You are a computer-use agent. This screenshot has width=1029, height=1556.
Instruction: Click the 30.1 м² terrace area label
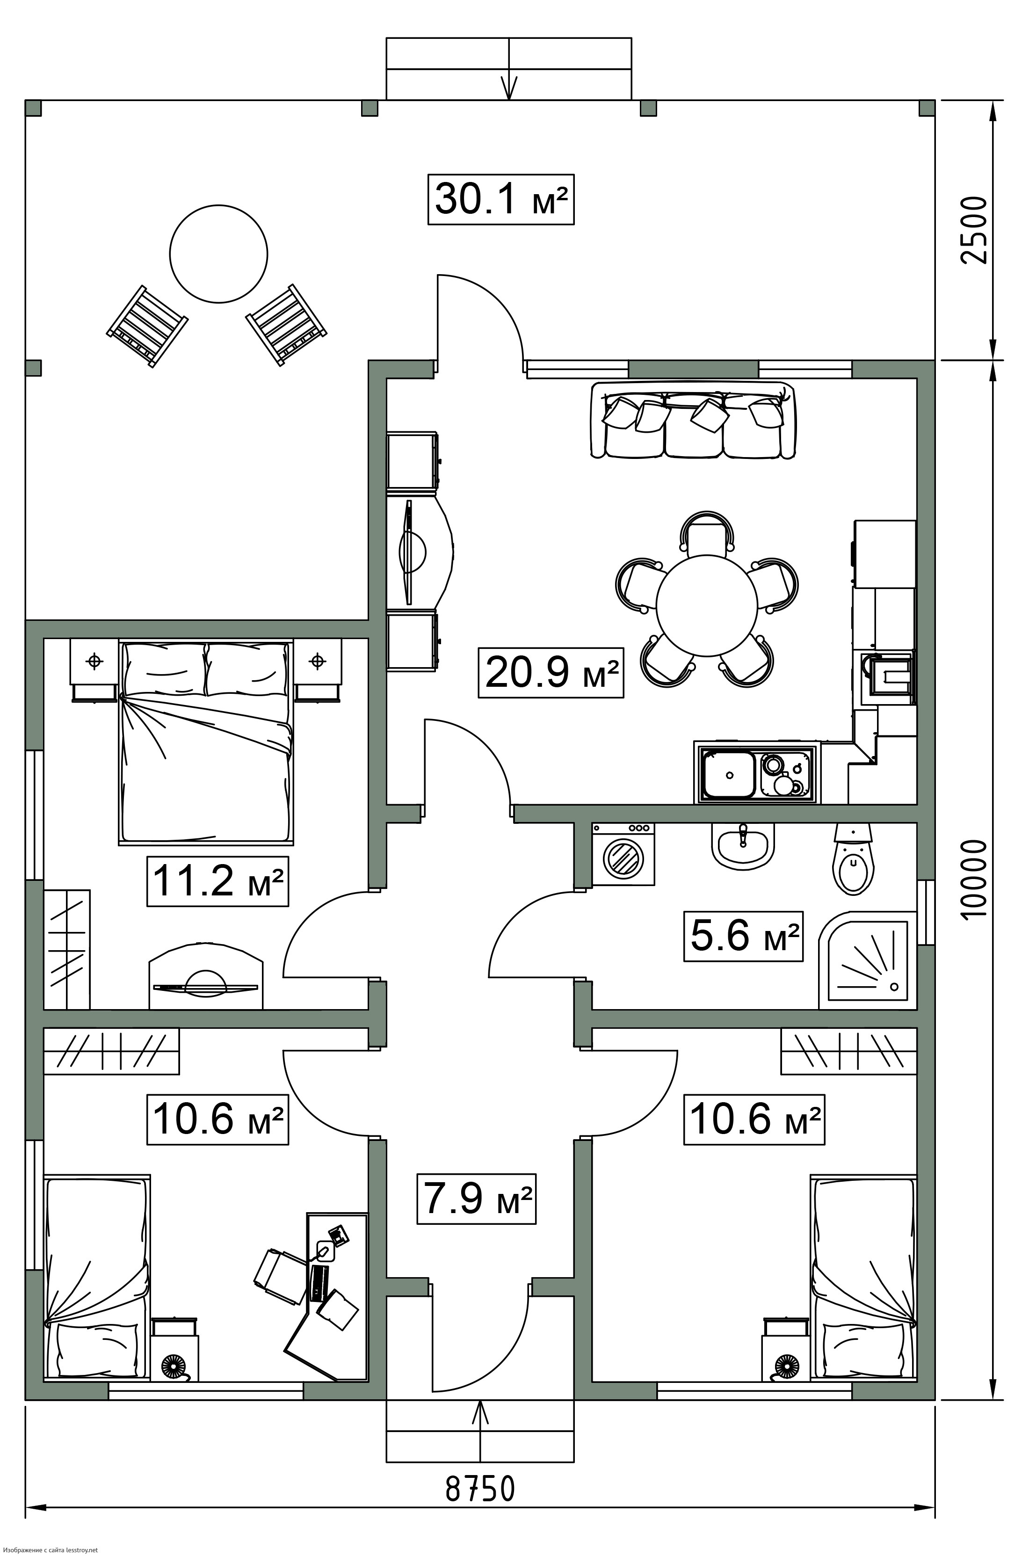pos(501,199)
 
